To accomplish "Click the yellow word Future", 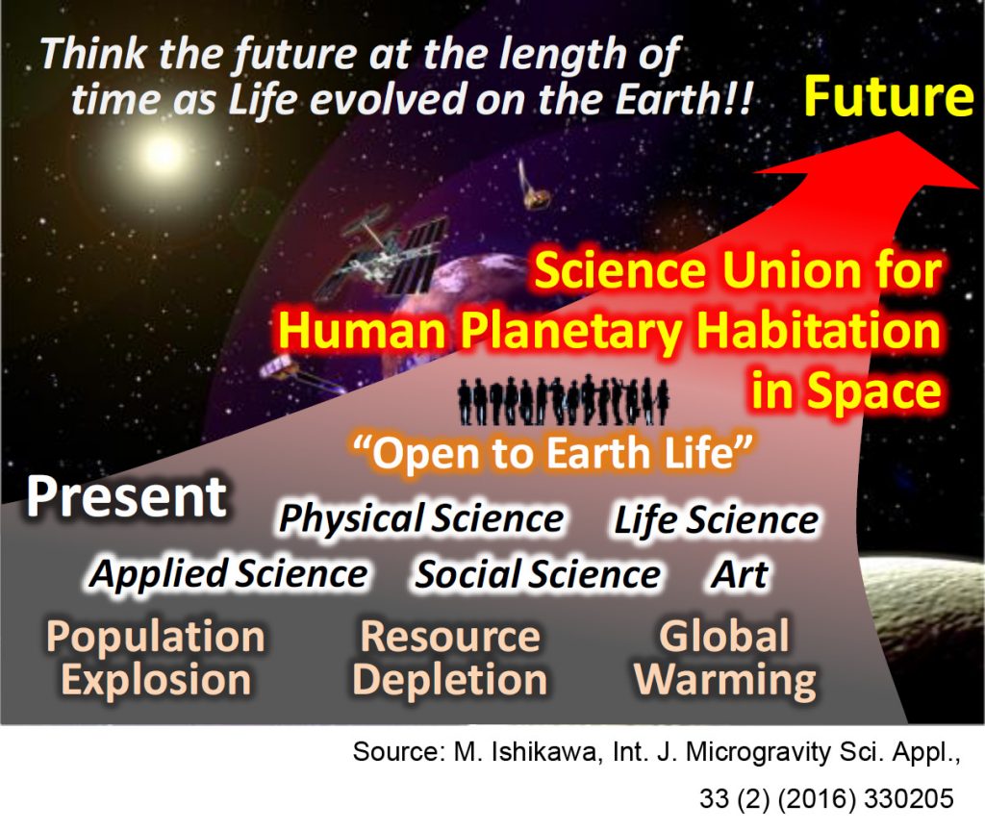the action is pyautogui.click(x=888, y=96).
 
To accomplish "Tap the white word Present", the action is pyautogui.click(x=126, y=496).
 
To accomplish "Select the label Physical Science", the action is pyautogui.click(x=421, y=519).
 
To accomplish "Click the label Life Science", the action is pyautogui.click(x=716, y=520).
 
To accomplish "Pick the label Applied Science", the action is pyautogui.click(x=229, y=573).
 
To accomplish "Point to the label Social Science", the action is pyautogui.click(x=538, y=574).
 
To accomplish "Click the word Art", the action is pyautogui.click(x=740, y=573).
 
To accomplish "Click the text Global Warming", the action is pyautogui.click(x=725, y=658).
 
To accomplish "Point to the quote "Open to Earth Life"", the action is pyautogui.click(x=553, y=452).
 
